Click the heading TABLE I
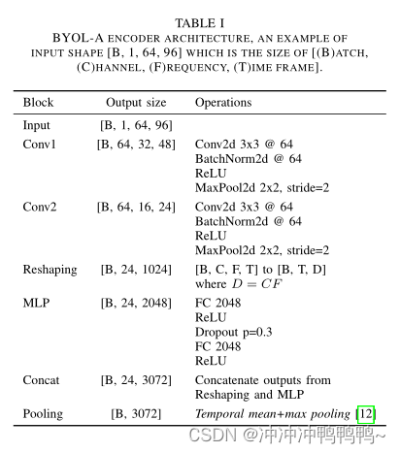coord(199,22)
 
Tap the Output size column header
coord(136,102)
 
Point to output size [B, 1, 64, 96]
coord(136,125)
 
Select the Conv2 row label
coord(41,207)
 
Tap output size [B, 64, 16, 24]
coord(136,207)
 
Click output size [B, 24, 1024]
coord(136,269)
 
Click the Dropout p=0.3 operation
coord(234,333)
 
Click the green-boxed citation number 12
coord(365,414)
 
